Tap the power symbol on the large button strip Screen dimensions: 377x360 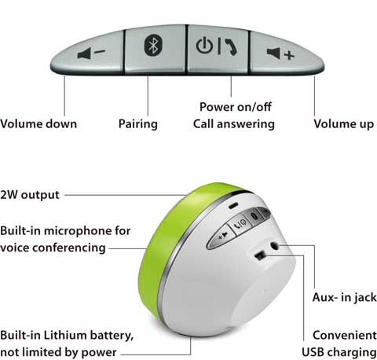[x=204, y=46]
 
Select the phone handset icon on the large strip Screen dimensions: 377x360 [x=231, y=46]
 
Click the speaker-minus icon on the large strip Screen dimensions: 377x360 [x=91, y=53]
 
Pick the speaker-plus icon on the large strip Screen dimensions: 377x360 [x=280, y=53]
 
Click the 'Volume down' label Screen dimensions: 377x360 [x=38, y=123]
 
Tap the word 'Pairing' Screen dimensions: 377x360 [x=138, y=124]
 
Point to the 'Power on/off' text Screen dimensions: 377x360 [x=236, y=107]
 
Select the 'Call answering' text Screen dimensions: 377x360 [x=234, y=124]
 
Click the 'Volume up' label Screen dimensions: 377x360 [x=344, y=124]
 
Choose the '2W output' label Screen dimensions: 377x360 [x=30, y=195]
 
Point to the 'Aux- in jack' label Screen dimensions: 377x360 [x=345, y=298]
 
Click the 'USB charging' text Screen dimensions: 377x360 [x=339, y=352]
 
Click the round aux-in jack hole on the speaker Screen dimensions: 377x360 [x=274, y=246]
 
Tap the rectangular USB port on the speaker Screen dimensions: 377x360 [x=260, y=255]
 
